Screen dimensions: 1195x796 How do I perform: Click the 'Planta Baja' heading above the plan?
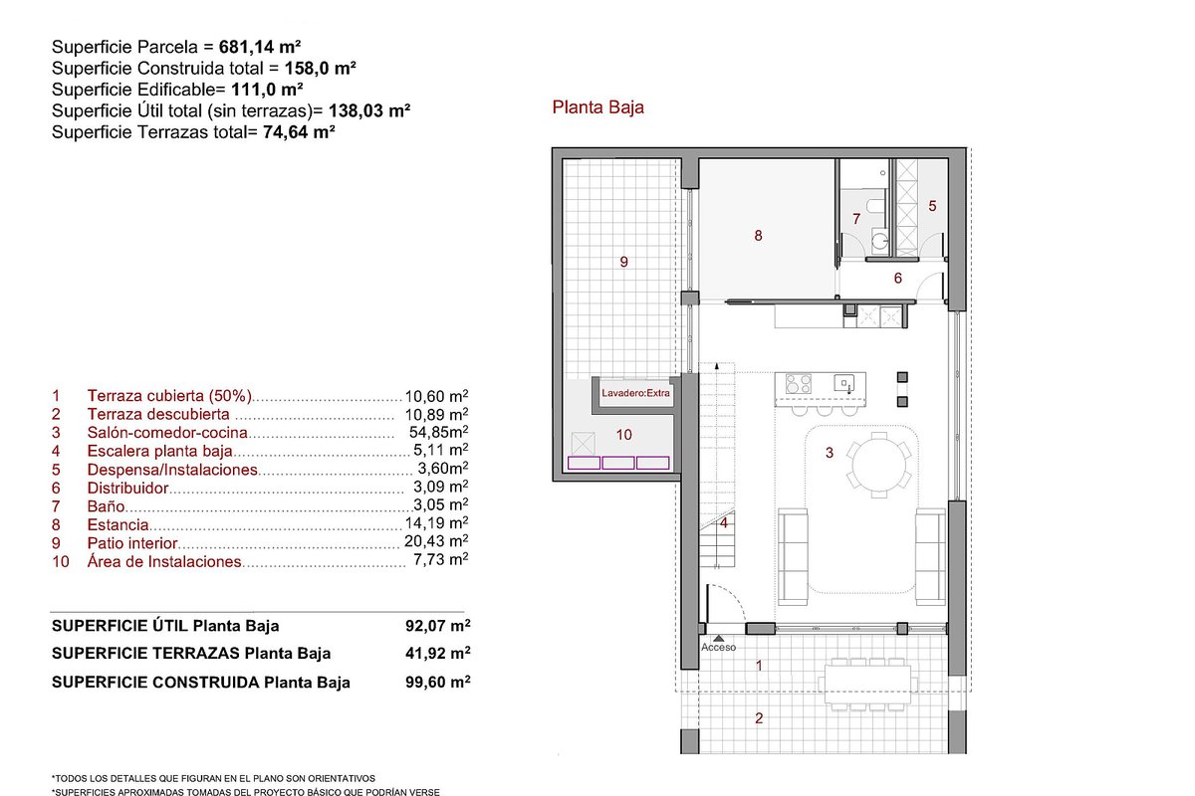click(x=597, y=107)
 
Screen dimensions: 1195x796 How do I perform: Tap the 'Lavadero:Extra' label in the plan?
click(x=635, y=393)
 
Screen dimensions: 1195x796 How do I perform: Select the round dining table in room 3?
click(x=878, y=465)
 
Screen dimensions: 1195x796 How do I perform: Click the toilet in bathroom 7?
click(x=876, y=205)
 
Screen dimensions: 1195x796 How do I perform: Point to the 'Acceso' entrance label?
click(x=718, y=648)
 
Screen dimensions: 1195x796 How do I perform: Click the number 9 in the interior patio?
click(x=623, y=262)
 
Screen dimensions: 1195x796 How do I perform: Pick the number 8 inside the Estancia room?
click(x=758, y=236)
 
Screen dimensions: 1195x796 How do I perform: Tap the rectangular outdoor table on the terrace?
click(x=867, y=684)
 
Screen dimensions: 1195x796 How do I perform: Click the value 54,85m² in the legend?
click(x=438, y=431)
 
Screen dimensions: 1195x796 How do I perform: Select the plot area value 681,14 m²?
click(x=260, y=47)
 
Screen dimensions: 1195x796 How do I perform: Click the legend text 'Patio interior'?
click(x=132, y=543)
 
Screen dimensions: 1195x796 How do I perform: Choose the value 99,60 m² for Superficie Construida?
click(x=437, y=682)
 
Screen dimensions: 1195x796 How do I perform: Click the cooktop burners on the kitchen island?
click(x=798, y=383)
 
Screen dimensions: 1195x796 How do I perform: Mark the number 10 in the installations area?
click(x=623, y=435)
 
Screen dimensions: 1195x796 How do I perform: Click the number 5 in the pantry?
click(x=932, y=206)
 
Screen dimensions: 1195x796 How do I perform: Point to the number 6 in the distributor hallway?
click(x=898, y=278)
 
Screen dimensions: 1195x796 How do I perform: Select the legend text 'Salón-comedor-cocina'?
click(x=167, y=433)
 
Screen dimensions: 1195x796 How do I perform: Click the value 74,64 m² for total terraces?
click(x=299, y=132)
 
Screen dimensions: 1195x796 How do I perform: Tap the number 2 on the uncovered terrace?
click(x=759, y=718)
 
